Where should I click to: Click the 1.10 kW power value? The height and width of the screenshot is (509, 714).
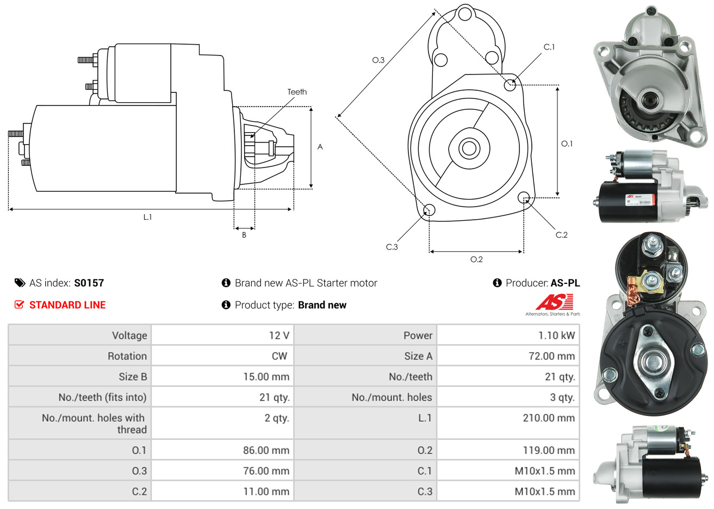pos(556,336)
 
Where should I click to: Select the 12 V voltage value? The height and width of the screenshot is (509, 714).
pos(279,336)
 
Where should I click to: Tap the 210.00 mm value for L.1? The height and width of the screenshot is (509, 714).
pos(548,418)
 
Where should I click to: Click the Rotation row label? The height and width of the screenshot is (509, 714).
pos(127,356)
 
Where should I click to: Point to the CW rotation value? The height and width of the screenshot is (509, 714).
pos(279,356)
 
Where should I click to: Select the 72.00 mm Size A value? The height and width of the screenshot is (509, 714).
pos(551,356)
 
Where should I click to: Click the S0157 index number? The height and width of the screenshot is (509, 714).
pos(89,283)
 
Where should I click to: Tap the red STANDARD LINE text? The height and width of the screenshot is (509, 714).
pos(67,305)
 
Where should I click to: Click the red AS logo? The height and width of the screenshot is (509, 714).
pos(554,302)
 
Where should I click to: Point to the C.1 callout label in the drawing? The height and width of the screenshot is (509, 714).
pos(549,47)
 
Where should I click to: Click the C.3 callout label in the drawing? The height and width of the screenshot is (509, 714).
pos(392,247)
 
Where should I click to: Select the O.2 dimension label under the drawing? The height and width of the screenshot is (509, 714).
pos(476,259)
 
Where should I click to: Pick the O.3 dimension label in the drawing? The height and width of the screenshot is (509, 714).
pos(378,60)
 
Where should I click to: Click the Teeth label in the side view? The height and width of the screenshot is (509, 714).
pos(297,92)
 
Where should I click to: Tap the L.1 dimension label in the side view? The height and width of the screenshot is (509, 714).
pos(147,217)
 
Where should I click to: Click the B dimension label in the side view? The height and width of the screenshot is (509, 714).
pos(244,235)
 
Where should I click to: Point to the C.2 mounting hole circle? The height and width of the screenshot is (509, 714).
pos(524,197)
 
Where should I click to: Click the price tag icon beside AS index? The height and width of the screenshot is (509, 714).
pos(20,283)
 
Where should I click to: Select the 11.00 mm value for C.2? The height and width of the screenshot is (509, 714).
pos(266,492)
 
